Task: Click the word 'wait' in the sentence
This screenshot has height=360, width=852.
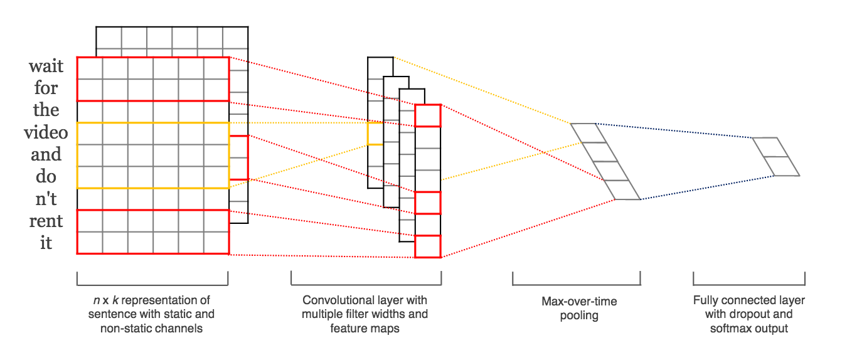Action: click(46, 66)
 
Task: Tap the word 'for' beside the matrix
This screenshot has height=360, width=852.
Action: click(46, 88)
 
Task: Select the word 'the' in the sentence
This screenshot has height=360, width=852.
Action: click(46, 110)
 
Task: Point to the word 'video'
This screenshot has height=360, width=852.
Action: click(46, 132)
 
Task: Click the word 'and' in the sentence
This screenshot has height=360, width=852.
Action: click(46, 154)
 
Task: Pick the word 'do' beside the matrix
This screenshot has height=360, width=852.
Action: click(46, 176)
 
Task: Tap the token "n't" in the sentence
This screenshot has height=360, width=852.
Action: click(46, 199)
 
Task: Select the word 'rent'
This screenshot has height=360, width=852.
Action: click(46, 221)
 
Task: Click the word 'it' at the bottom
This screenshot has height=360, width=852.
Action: click(46, 243)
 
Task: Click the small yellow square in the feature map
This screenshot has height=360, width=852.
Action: click(375, 134)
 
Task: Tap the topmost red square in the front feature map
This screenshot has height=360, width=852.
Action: click(427, 115)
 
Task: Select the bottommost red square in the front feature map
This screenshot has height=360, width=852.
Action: click(427, 246)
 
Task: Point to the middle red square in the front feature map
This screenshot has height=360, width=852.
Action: click(427, 203)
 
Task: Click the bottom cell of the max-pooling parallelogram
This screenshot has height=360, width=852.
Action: click(622, 190)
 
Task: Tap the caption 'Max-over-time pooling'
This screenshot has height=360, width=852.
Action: click(579, 309)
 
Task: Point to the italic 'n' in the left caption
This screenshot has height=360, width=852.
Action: click(97, 300)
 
